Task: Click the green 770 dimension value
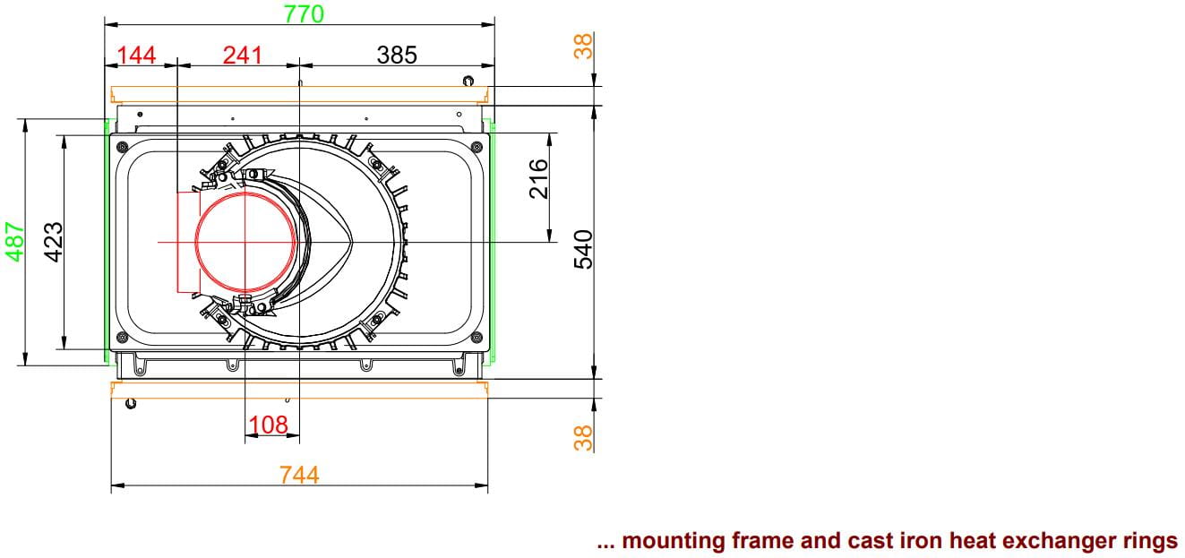click(x=304, y=13)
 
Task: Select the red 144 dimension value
click(x=136, y=55)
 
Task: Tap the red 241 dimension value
click(x=243, y=55)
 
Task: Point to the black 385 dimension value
click(x=397, y=55)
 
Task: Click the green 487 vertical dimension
click(x=15, y=242)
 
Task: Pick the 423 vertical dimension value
click(x=54, y=242)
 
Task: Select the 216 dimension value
click(x=538, y=179)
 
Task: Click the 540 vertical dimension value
click(x=583, y=250)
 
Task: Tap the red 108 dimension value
click(x=268, y=425)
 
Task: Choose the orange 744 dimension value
click(x=299, y=475)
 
